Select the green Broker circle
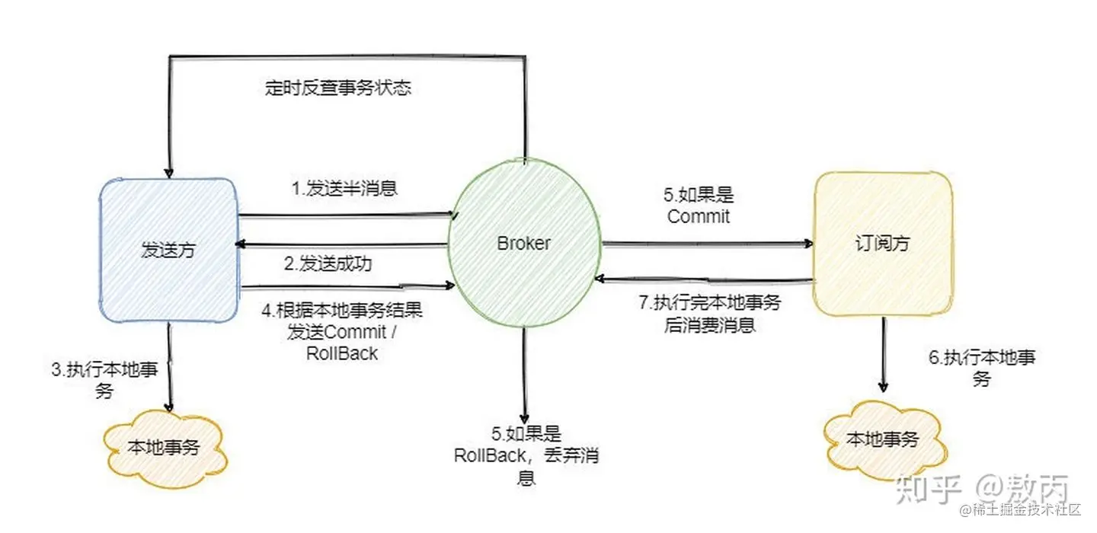(x=523, y=244)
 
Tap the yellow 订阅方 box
(x=883, y=244)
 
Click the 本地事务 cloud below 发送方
(x=165, y=447)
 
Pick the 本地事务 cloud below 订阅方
(x=884, y=439)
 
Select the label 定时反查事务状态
(x=338, y=88)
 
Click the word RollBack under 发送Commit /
(x=342, y=353)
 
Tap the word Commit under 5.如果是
(x=699, y=216)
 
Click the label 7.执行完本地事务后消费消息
(x=709, y=312)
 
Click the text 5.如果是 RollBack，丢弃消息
(x=526, y=455)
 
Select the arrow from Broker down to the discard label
(x=524, y=373)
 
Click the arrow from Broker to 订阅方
(x=707, y=244)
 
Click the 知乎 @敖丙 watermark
(x=983, y=487)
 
